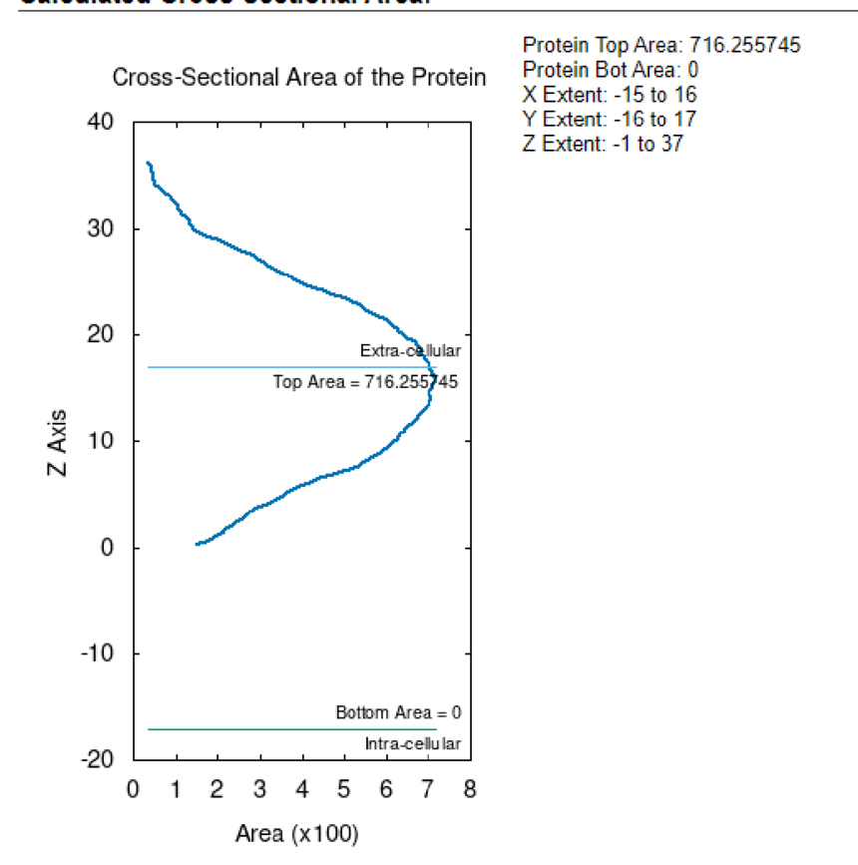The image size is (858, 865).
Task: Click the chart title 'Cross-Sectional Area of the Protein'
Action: click(x=299, y=78)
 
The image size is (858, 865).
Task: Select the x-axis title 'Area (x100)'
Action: click(x=296, y=832)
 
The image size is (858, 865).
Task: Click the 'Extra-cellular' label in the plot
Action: click(x=410, y=351)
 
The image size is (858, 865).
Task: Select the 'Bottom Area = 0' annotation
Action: click(x=398, y=712)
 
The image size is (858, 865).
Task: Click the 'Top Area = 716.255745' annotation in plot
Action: click(x=365, y=381)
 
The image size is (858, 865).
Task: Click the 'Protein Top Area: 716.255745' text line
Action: click(x=661, y=45)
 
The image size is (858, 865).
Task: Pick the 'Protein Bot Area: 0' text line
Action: click(x=611, y=70)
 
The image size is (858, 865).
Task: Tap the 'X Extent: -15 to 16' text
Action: click(x=610, y=95)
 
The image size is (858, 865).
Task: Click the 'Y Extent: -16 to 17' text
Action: click(x=610, y=120)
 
